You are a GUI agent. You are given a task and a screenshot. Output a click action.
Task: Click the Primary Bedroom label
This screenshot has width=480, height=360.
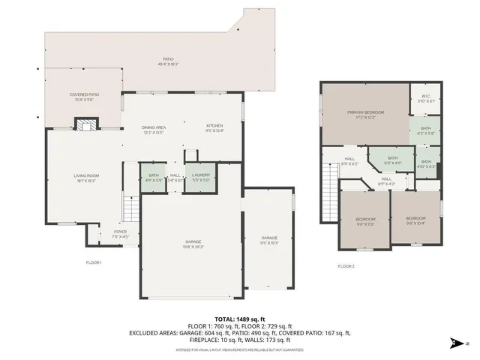coord(364,114)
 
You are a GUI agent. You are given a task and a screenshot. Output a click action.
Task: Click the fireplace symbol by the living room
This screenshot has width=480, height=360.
coord(88,125)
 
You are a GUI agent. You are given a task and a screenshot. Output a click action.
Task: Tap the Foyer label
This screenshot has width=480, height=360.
coord(121,234)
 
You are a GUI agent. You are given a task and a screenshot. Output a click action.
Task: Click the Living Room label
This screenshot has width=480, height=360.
coord(86,178)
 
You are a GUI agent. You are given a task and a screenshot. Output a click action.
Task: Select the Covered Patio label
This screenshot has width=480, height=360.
coord(85,97)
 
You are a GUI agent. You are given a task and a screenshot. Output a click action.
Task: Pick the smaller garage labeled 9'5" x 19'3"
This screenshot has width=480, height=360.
coord(269,239)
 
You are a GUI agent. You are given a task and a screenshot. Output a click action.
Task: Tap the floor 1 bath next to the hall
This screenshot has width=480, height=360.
coord(154,177)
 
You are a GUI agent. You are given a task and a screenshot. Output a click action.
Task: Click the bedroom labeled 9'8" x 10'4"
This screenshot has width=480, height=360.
coord(415,220)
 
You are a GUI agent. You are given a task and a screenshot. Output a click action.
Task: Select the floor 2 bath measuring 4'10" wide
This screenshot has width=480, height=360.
coord(425,164)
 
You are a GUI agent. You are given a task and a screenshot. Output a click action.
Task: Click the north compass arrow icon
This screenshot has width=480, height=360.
coord(455,343)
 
